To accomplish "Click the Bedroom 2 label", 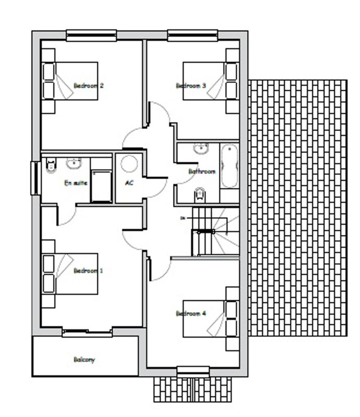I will pyautogui.click(x=88, y=86).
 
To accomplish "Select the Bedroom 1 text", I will pyautogui.click(x=88, y=270).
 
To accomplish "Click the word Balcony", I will pyautogui.click(x=84, y=360).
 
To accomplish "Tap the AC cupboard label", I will pyautogui.click(x=129, y=183).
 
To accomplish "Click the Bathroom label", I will pyautogui.click(x=202, y=171).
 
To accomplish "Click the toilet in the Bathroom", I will pyautogui.click(x=199, y=195).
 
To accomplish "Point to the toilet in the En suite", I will pyautogui.click(x=51, y=165).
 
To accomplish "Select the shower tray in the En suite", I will pyautogui.click(x=101, y=186).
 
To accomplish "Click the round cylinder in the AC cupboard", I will pyautogui.click(x=129, y=164).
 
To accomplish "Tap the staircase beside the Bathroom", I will pyautogui.click(x=216, y=231).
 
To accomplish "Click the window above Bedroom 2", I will pyautogui.click(x=92, y=35).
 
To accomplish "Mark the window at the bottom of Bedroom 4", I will pyautogui.click(x=193, y=371).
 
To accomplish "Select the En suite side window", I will pyautogui.click(x=36, y=178).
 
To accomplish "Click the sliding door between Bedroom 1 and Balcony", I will pyautogui.click(x=87, y=333).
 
